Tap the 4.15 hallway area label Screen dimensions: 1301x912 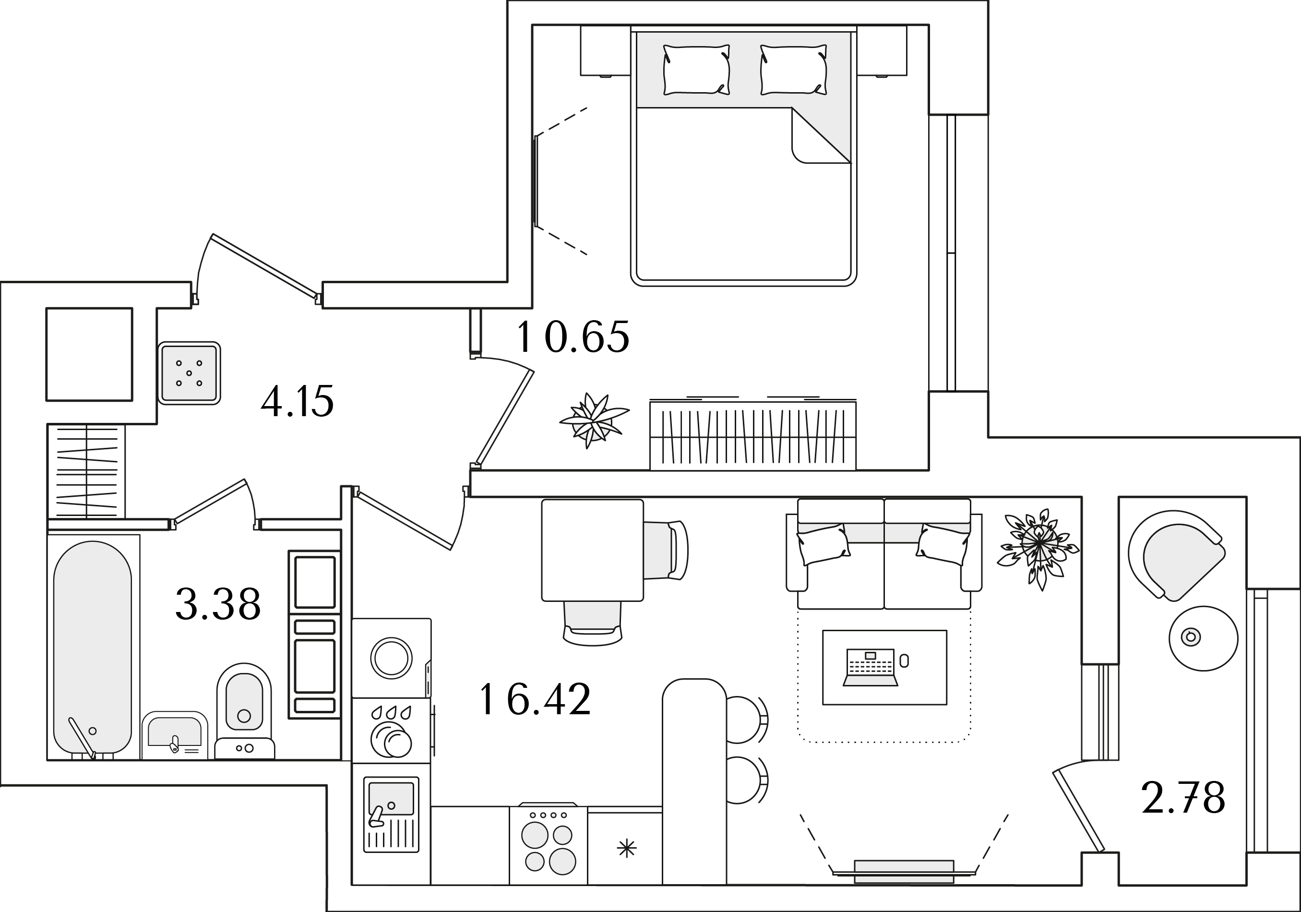pyautogui.click(x=298, y=401)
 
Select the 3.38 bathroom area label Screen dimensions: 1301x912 pyautogui.click(x=218, y=604)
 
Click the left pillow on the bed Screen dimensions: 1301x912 pyautogui.click(x=696, y=70)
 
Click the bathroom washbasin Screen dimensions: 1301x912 pyautogui.click(x=175, y=734)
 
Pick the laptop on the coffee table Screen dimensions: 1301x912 pyautogui.click(x=871, y=668)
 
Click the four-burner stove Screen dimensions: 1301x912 pyautogui.click(x=549, y=844)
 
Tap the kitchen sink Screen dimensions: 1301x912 pyautogui.click(x=391, y=814)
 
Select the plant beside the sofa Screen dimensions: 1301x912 pyautogui.click(x=1038, y=546)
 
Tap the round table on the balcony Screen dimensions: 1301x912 pyautogui.click(x=1204, y=638)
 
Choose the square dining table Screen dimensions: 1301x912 pyautogui.click(x=592, y=550)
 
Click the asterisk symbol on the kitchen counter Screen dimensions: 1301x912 pyautogui.click(x=627, y=849)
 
